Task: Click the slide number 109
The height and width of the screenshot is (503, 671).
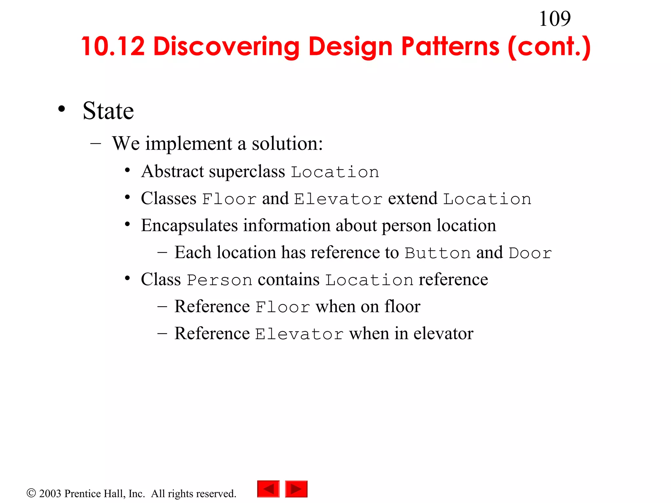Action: point(555,19)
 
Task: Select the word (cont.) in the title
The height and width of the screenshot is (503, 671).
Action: point(549,47)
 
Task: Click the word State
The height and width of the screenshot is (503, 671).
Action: point(108,111)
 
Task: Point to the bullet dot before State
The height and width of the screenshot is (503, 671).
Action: point(62,109)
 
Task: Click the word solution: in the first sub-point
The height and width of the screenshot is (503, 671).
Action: point(287,143)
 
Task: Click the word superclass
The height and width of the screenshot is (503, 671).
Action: point(247,172)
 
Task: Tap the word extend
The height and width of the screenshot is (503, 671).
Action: point(412,198)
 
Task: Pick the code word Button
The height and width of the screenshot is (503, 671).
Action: point(438,253)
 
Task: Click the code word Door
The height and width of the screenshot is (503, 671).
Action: point(530,253)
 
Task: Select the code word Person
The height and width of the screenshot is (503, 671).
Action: point(220,280)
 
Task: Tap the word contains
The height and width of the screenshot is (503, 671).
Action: point(288,280)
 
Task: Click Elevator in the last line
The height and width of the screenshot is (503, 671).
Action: point(299,334)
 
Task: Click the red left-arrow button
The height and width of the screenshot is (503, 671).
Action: point(268,489)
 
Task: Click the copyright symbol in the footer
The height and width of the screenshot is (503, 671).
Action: point(31,493)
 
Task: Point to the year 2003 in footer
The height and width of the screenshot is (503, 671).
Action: point(50,494)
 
